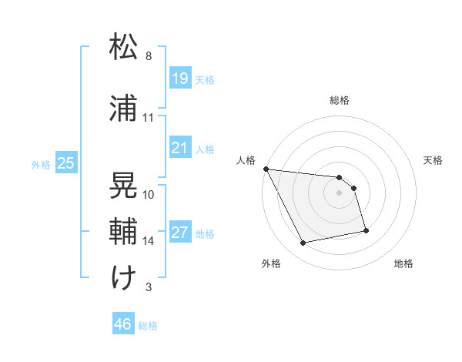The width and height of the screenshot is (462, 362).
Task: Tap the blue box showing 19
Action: (x=179, y=79)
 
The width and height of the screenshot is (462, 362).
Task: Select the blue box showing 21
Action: (x=179, y=147)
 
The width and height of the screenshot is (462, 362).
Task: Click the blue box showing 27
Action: (x=179, y=233)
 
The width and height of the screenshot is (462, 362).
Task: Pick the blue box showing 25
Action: (x=65, y=163)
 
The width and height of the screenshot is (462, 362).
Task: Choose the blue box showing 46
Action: (x=123, y=324)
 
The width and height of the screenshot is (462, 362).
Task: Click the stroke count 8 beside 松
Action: (x=149, y=56)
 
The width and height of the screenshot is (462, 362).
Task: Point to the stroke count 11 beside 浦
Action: (x=149, y=118)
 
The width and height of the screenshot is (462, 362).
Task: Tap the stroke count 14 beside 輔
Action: (x=149, y=240)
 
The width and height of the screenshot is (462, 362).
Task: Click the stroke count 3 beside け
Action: (x=149, y=287)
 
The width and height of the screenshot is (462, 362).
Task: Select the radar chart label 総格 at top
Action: (x=340, y=100)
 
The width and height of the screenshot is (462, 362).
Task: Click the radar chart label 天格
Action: (x=434, y=160)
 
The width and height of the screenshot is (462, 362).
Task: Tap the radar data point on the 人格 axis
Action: (x=266, y=169)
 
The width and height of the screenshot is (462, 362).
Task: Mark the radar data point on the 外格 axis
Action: (x=303, y=243)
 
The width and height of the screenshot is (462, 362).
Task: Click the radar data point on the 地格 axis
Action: (x=366, y=230)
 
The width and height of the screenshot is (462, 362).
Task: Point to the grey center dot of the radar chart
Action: (x=340, y=193)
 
